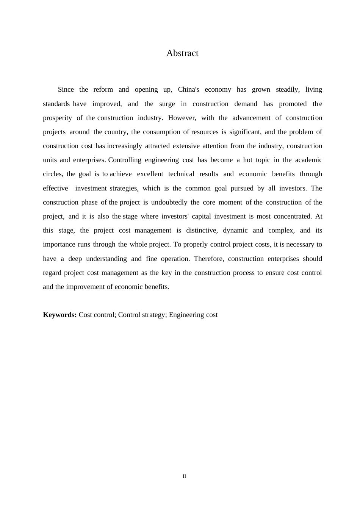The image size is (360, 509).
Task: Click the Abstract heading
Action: [x=182, y=53]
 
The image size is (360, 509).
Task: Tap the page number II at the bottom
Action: [x=185, y=476]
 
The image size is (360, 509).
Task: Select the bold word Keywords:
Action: [x=60, y=315]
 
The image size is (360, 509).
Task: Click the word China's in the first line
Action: [x=188, y=90]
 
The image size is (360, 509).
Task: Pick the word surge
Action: [x=167, y=104]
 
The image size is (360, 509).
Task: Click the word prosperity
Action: [x=57, y=118]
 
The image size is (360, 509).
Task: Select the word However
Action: [x=182, y=118]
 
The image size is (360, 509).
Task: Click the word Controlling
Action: [x=125, y=160]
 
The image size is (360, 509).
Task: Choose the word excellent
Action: [x=150, y=174]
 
